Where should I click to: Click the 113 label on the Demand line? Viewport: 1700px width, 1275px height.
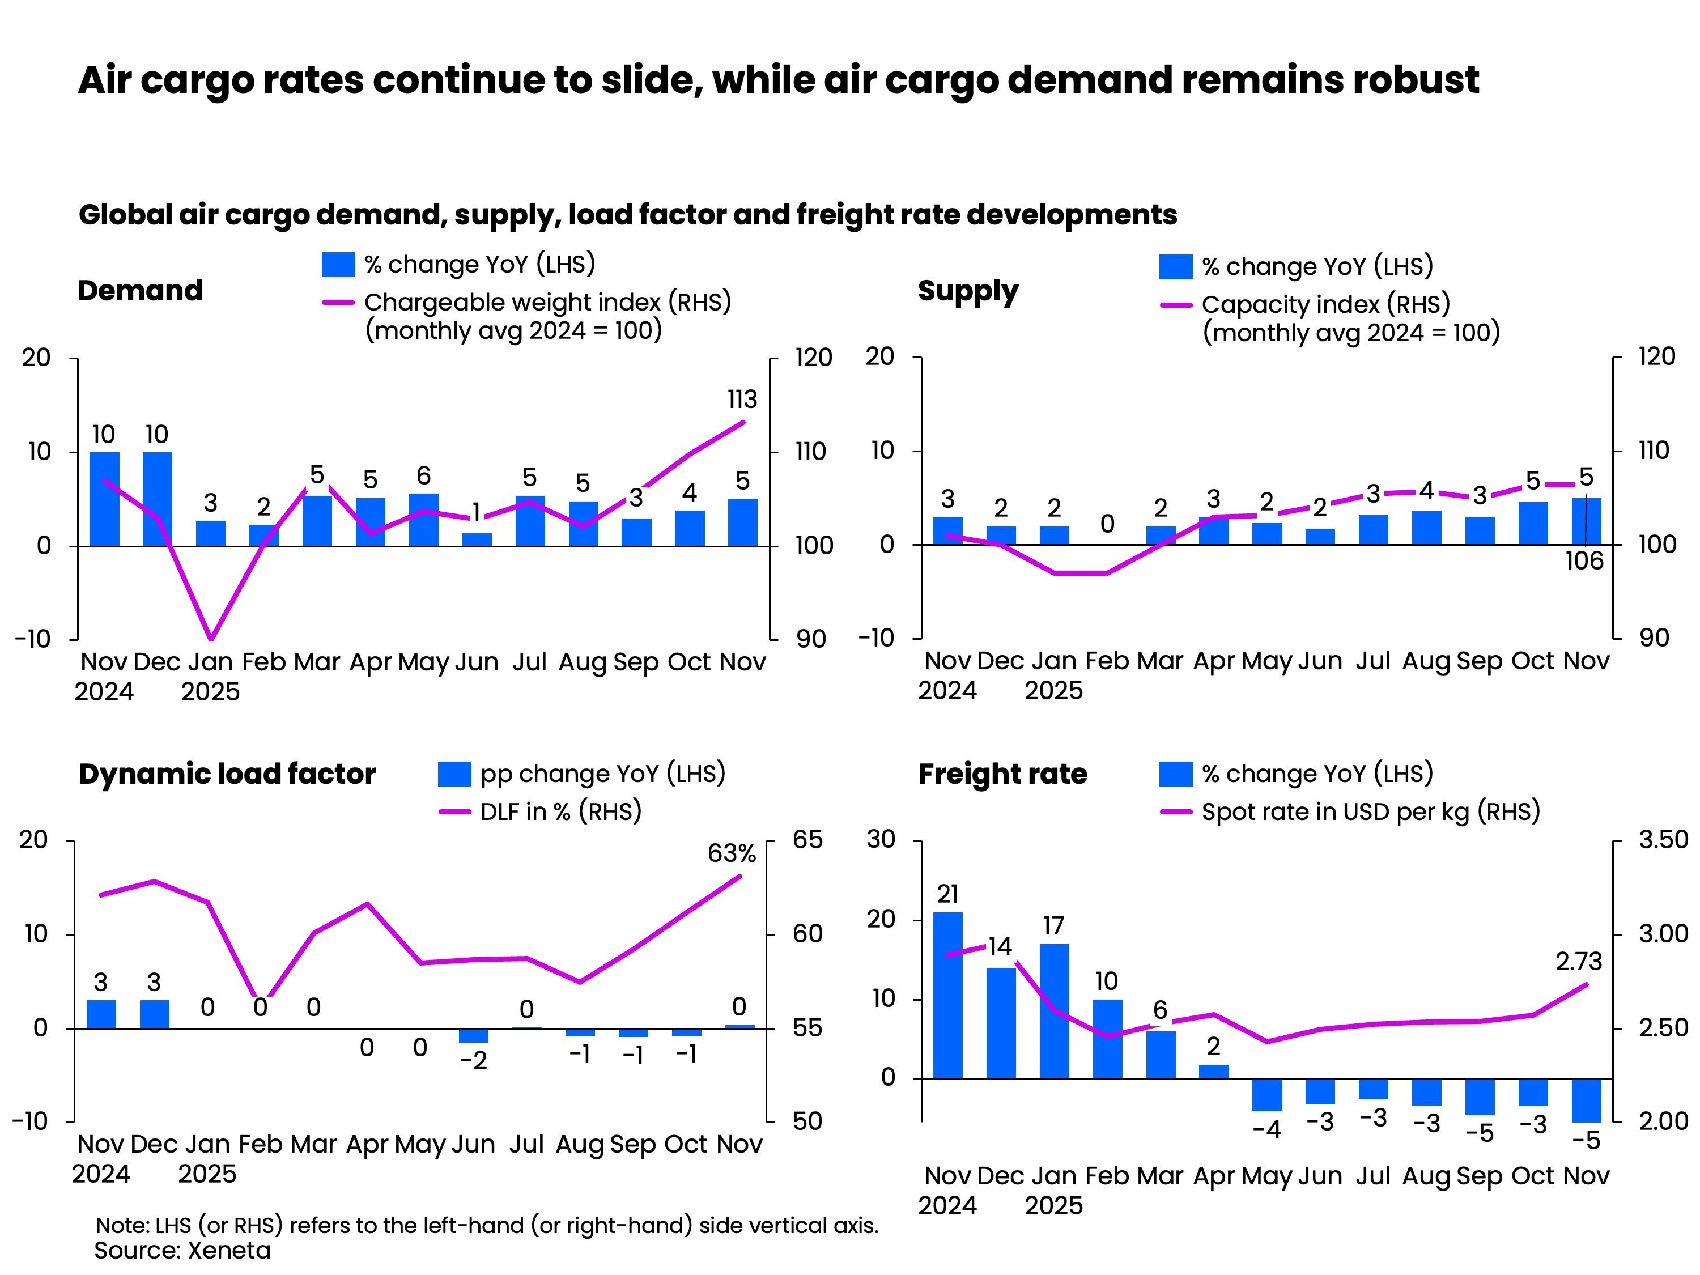742,399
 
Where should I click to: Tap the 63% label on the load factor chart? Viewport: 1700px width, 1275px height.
731,853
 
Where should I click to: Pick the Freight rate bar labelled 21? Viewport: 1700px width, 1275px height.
947,995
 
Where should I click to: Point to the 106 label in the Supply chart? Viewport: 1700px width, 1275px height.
1584,561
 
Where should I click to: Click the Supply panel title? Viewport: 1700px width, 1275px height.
968,291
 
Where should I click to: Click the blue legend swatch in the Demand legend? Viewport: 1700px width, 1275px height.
338,265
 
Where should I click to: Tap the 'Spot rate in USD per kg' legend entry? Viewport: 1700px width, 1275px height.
1370,811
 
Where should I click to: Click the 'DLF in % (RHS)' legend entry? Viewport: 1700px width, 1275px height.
560,811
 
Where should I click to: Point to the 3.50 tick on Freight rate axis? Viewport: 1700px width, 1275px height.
1663,839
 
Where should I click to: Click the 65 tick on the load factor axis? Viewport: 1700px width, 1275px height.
807,839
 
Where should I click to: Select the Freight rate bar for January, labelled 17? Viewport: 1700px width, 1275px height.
1053,1010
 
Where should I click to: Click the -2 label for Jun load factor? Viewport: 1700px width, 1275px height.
473,1061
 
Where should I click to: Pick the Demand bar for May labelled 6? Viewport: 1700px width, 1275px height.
423,520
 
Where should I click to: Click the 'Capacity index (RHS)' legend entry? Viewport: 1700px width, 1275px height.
1326,304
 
